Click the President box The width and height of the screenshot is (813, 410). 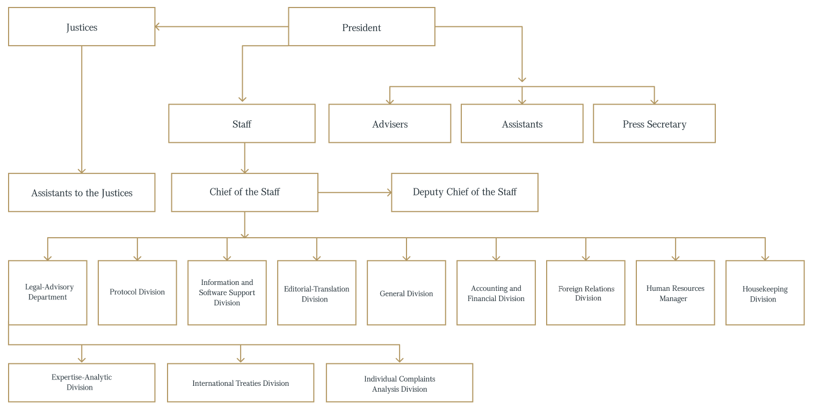[361, 26]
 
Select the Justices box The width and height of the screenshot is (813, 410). [82, 26]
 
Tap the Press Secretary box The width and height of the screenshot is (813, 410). [654, 123]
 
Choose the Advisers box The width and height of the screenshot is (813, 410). [390, 123]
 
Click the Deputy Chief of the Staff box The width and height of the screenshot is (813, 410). [464, 192]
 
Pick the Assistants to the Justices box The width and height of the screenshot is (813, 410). [82, 192]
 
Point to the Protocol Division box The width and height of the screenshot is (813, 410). [137, 292]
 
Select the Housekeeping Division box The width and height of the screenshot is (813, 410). [765, 292]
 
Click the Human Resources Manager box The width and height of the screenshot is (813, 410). [675, 292]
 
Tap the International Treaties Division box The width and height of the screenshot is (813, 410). [241, 383]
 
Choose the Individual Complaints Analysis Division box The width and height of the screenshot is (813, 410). [399, 383]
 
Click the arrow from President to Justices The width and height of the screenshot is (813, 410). [222, 26]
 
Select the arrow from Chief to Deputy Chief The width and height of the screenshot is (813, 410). [354, 192]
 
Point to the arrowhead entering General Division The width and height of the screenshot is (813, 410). [406, 258]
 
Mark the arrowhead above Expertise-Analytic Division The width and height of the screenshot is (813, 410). [82, 360]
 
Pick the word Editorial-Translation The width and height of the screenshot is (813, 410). [316, 289]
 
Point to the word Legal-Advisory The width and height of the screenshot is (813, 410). [49, 287]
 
